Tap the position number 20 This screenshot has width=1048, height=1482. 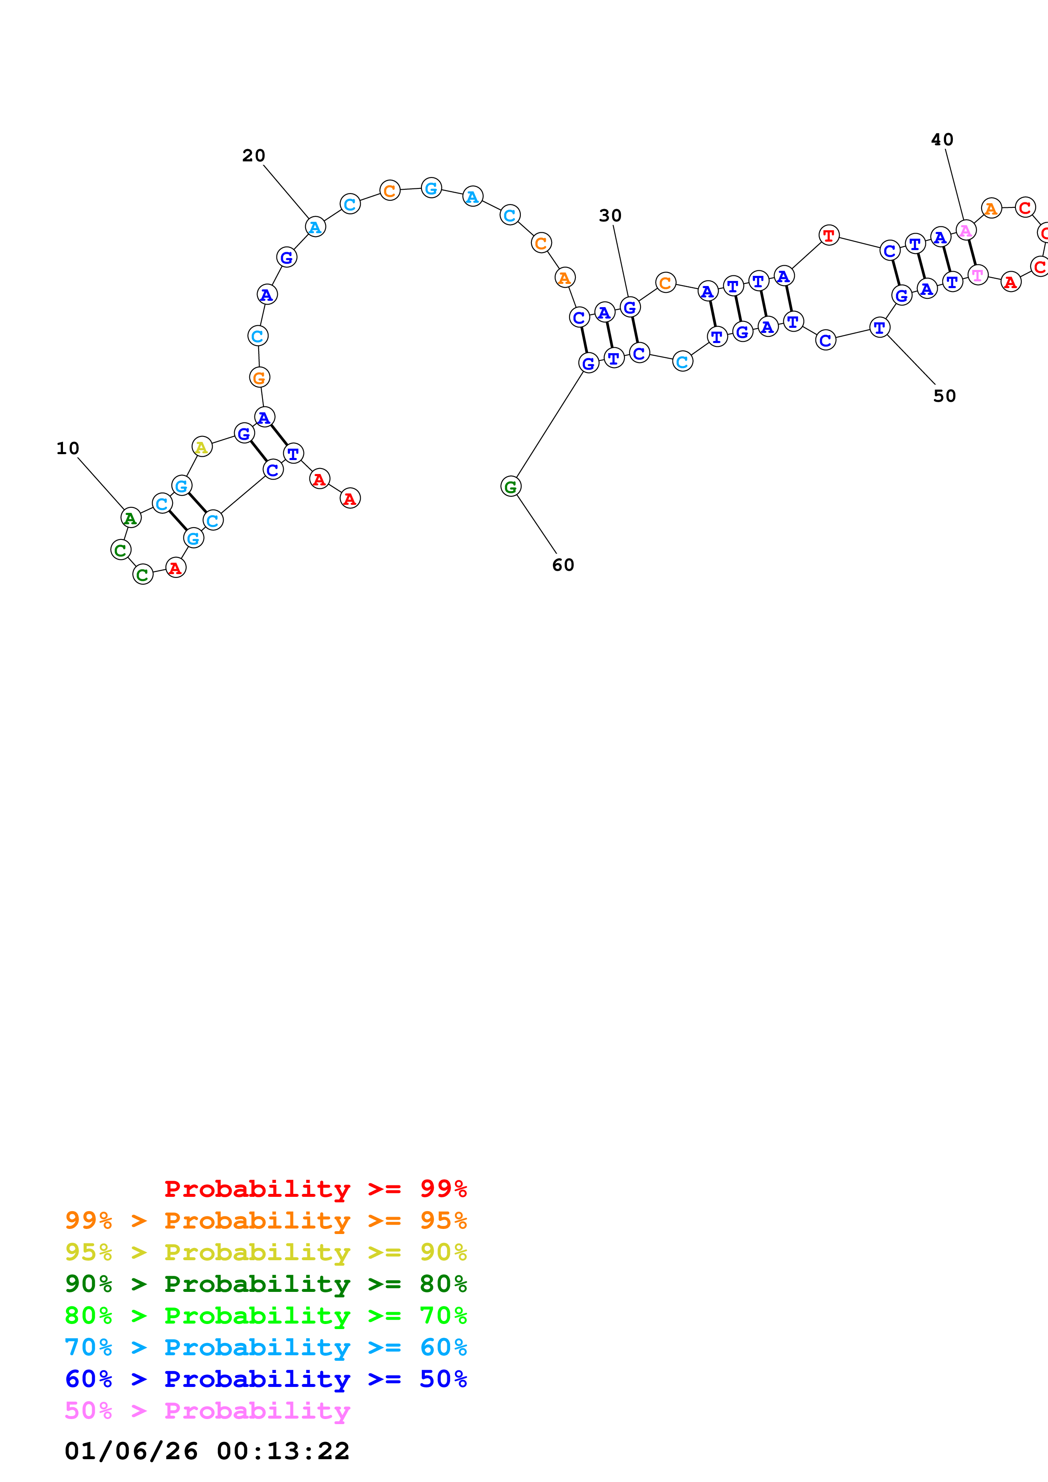[254, 155]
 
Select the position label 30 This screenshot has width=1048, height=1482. [610, 215]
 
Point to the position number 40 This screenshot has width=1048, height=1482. [942, 139]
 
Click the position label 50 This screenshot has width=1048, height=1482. [945, 396]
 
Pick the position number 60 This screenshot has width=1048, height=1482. [563, 565]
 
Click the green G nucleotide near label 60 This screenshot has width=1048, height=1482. [511, 487]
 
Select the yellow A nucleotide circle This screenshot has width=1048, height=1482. [202, 446]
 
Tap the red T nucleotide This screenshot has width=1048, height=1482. [829, 236]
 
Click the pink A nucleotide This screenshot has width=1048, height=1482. [965, 230]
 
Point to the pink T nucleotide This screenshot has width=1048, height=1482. [978, 275]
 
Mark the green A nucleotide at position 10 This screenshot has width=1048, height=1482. [131, 518]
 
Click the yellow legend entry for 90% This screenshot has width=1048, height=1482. [266, 1252]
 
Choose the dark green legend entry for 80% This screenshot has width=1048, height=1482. [266, 1284]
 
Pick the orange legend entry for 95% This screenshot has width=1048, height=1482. [266, 1220]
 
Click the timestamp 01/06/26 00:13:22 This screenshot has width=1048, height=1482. [207, 1450]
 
